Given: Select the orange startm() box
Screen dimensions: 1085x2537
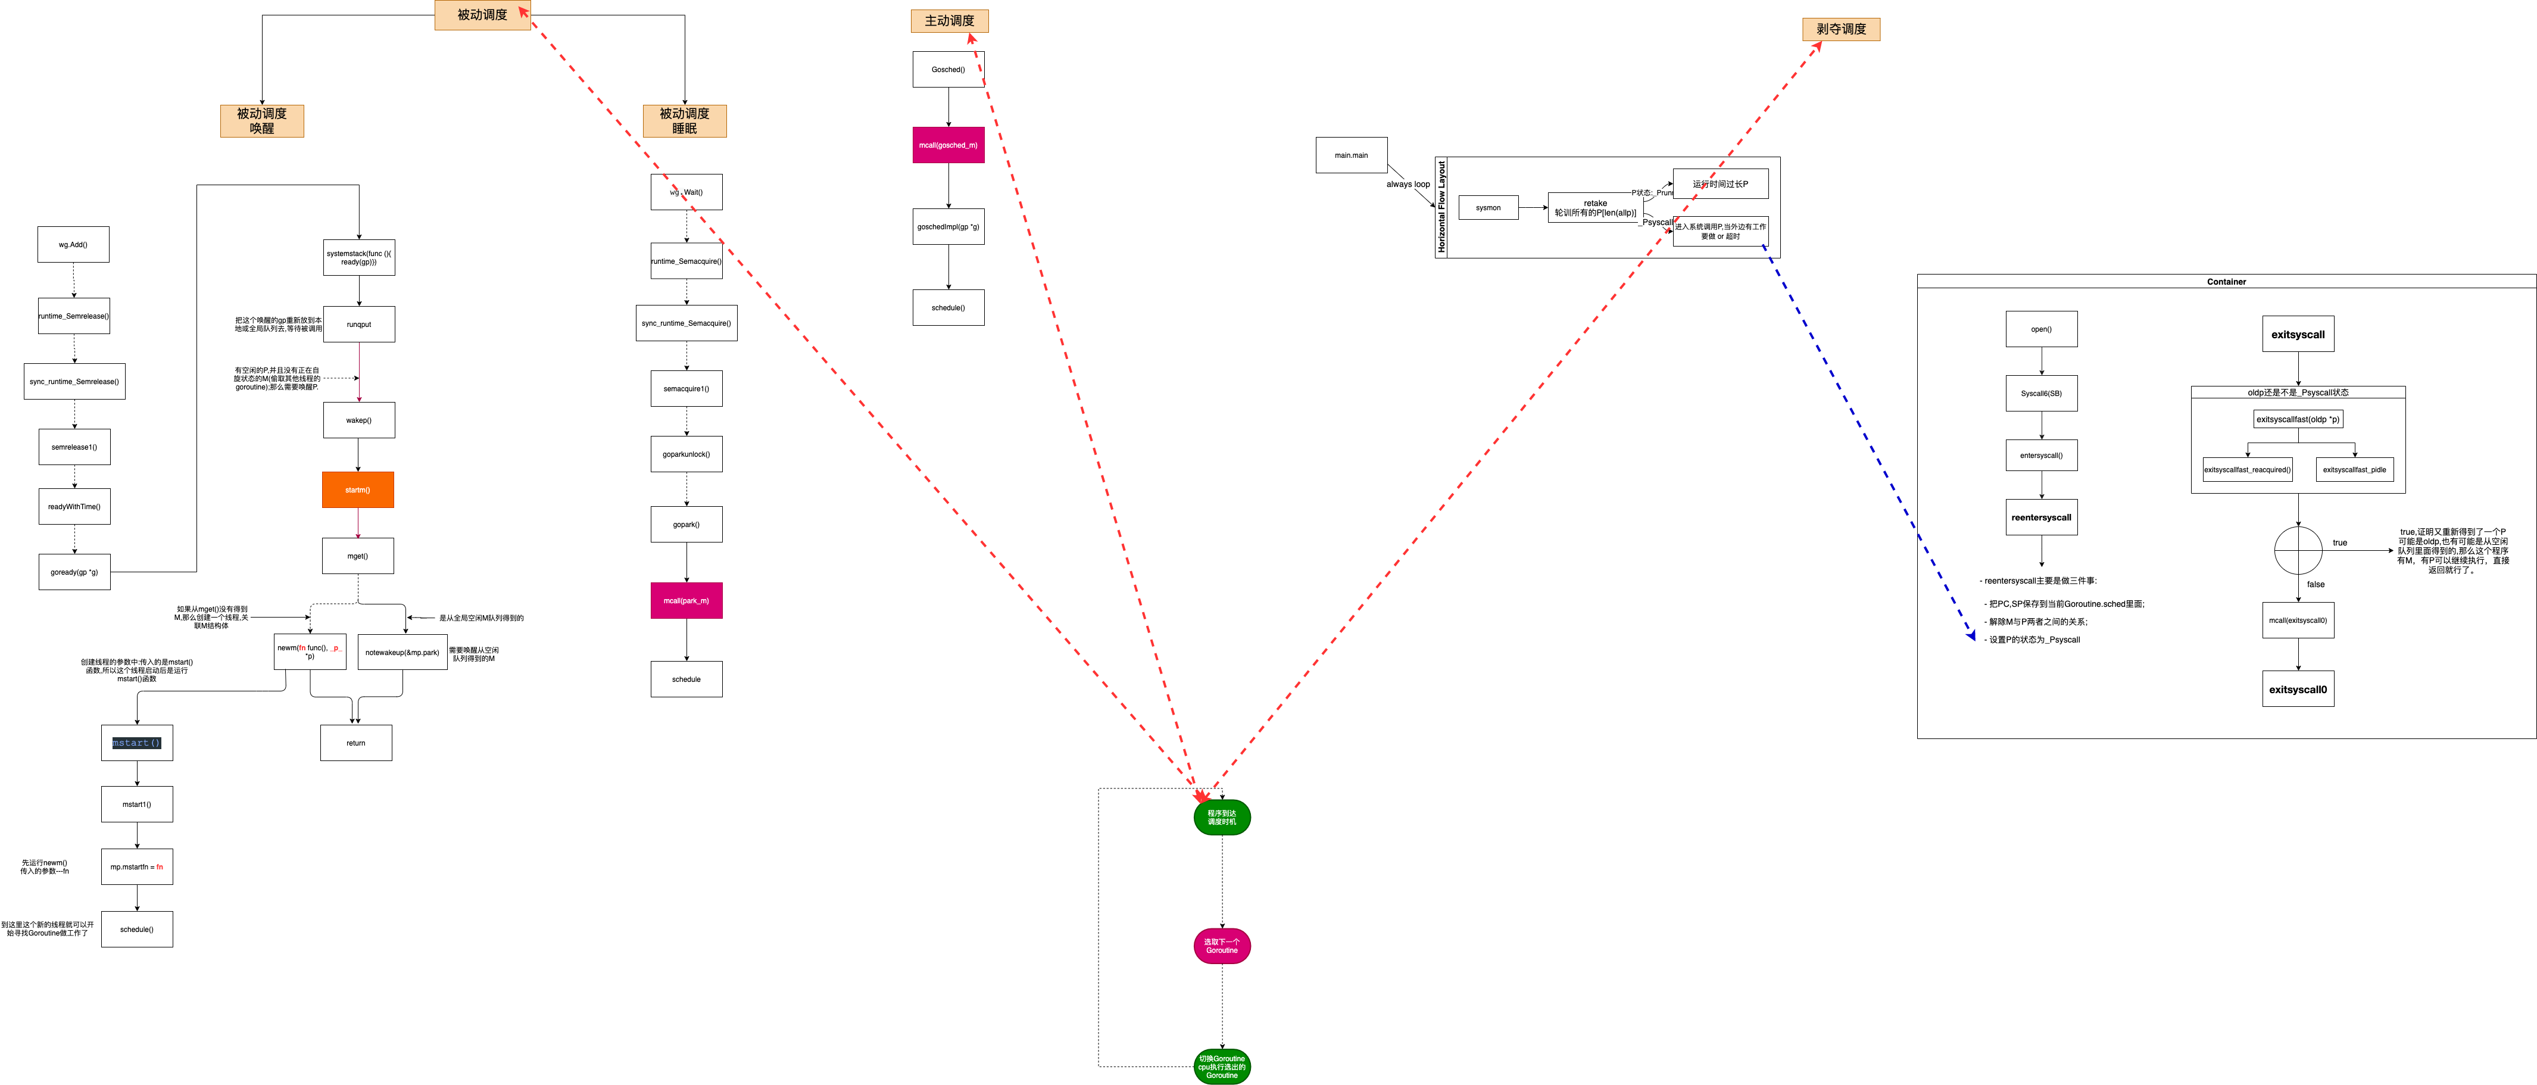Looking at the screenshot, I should click(357, 490).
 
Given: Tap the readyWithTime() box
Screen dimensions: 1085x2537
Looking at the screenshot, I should click(74, 507).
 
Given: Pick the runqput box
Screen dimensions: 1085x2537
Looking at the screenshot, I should click(358, 324).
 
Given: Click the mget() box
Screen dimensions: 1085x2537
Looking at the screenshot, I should click(357, 556).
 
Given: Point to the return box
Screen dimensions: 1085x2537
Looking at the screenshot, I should click(355, 743).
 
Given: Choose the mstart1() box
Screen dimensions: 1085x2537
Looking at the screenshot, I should click(137, 804).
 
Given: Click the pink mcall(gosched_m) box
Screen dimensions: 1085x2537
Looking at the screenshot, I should click(948, 145).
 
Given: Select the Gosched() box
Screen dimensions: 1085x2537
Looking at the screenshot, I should click(948, 70).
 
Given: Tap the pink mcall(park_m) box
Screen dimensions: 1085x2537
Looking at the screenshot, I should click(686, 600).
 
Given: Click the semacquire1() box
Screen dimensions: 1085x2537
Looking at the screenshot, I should click(686, 388).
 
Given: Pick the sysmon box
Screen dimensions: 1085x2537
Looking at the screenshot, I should click(1488, 208).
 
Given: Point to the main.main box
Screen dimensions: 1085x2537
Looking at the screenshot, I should click(1351, 155).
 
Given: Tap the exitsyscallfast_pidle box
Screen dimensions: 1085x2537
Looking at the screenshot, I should click(2354, 470).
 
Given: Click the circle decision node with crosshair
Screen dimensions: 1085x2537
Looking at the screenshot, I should click(2298, 550).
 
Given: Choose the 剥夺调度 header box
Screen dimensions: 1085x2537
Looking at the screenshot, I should click(1841, 30).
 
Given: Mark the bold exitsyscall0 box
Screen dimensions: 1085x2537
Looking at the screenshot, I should click(2298, 690).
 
